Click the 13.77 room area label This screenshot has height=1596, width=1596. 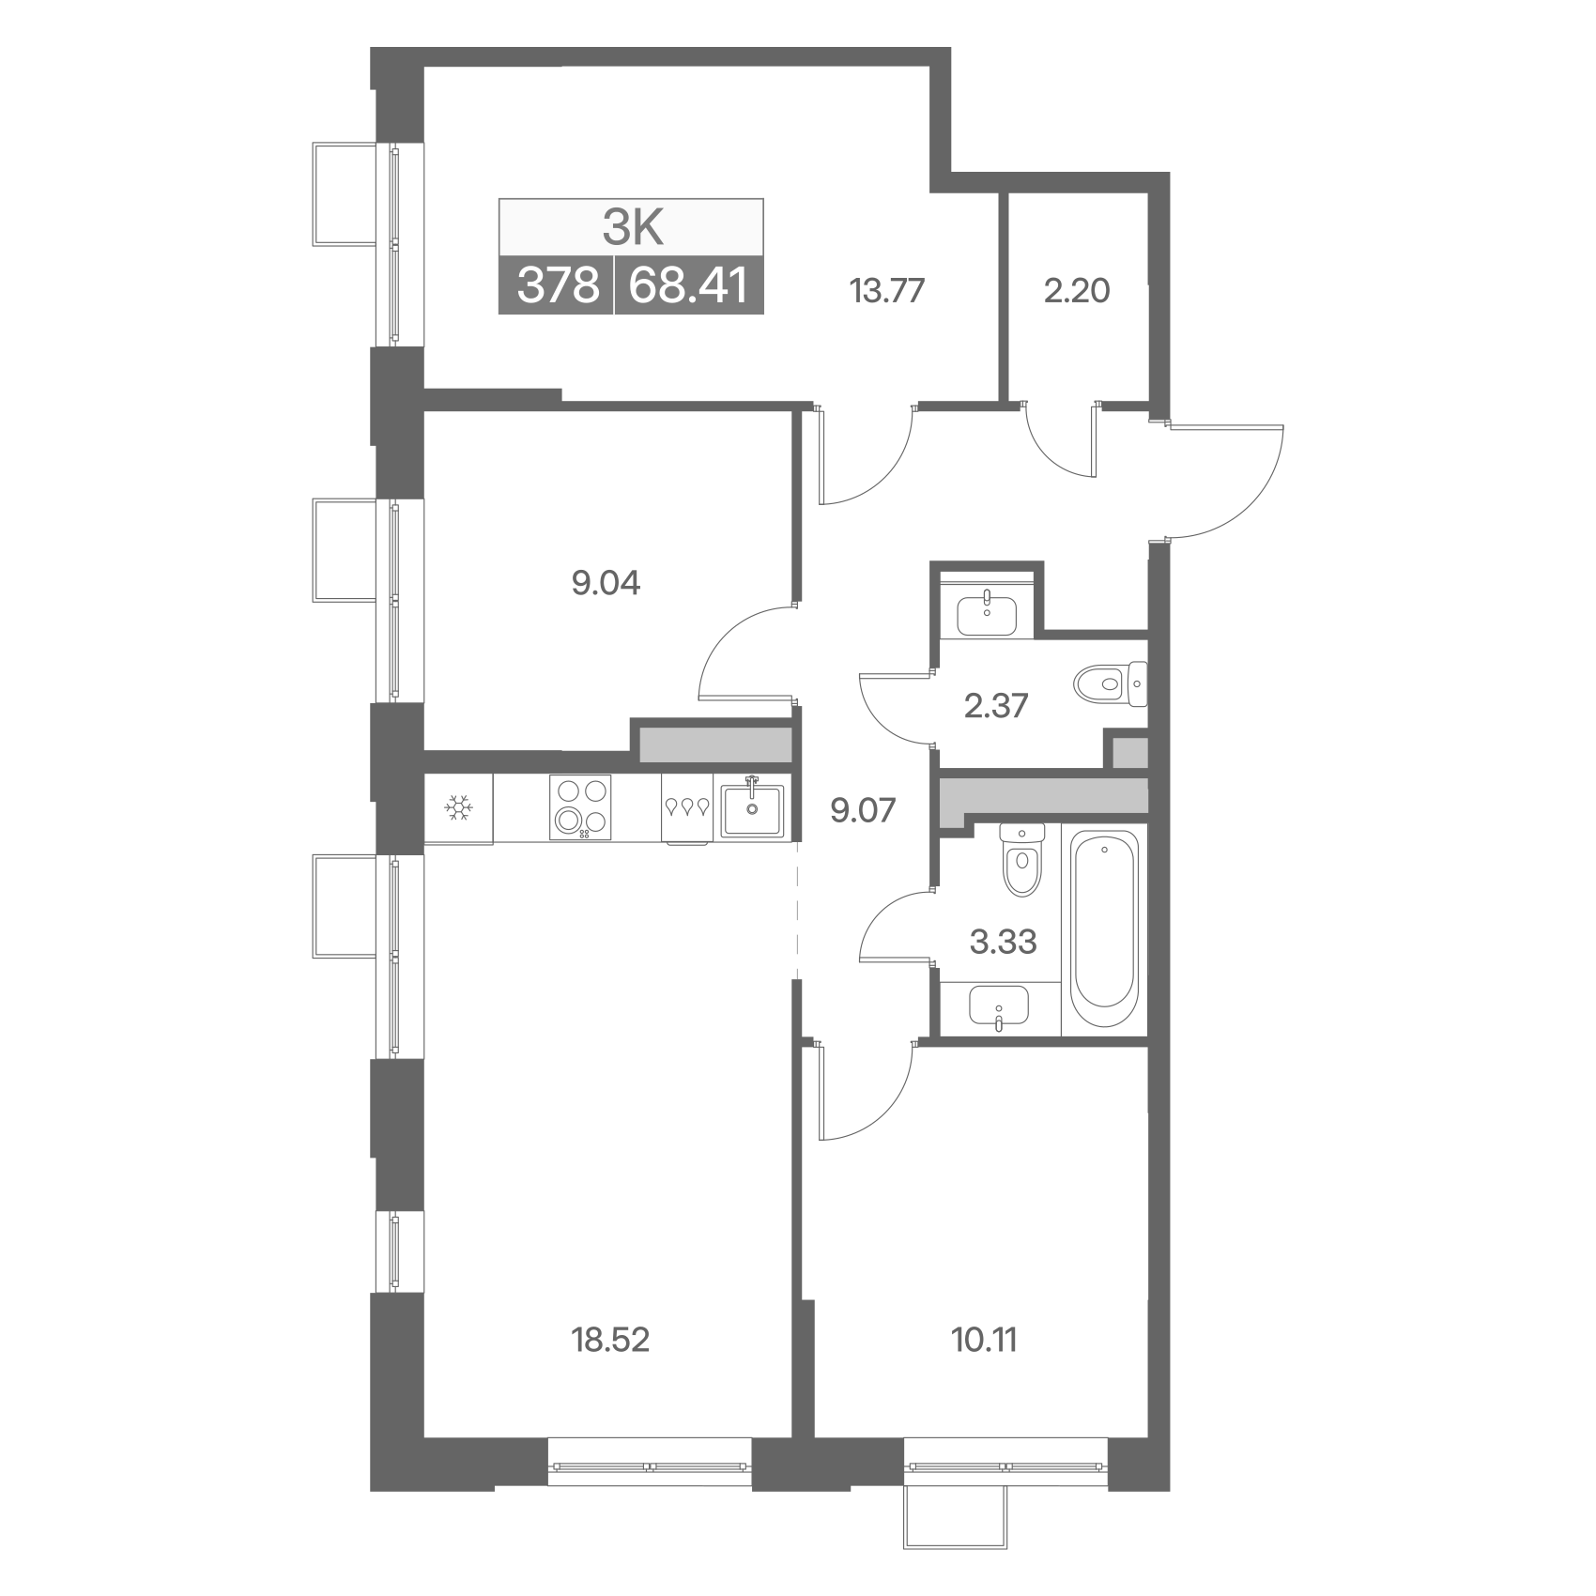click(x=887, y=291)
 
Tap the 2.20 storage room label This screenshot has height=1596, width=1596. click(x=1077, y=291)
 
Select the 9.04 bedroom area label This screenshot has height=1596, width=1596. click(x=606, y=583)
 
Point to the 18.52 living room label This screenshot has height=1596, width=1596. click(x=610, y=1340)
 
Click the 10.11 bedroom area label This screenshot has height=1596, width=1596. click(x=984, y=1340)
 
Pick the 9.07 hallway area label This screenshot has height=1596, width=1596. click(x=863, y=809)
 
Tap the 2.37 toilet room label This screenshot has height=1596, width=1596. click(x=996, y=705)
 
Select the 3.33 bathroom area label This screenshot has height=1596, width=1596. click(x=1003, y=941)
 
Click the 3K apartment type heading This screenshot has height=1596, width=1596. click(x=632, y=226)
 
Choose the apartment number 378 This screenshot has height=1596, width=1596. click(x=558, y=284)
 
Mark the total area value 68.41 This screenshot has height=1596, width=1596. click(x=688, y=284)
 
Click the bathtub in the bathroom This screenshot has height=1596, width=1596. click(x=1105, y=930)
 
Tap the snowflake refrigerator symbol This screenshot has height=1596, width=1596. click(x=458, y=807)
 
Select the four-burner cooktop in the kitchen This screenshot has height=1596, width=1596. click(x=580, y=806)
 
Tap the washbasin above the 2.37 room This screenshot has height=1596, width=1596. click(x=986, y=615)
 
